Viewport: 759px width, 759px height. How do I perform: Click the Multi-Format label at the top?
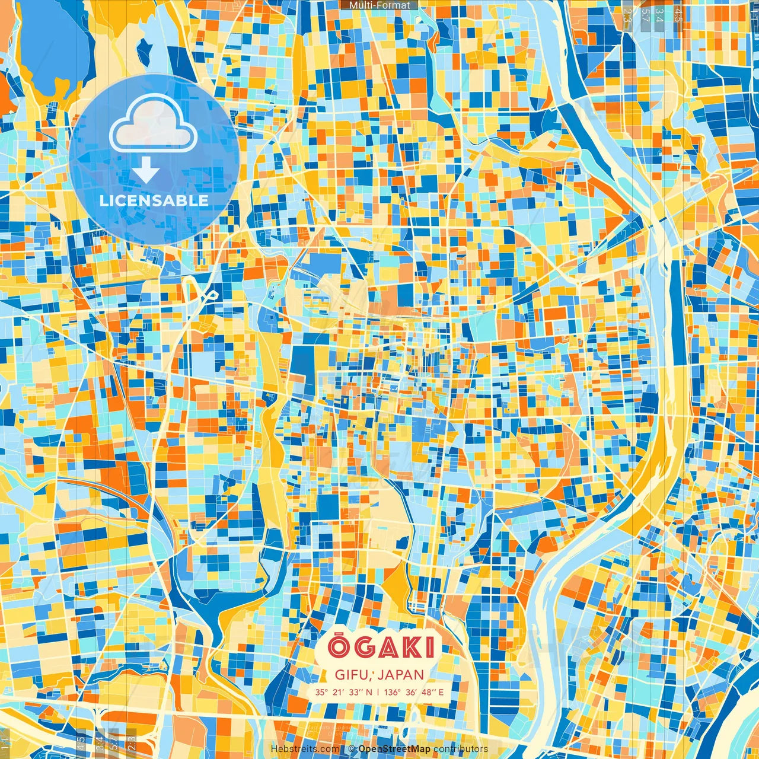pyautogui.click(x=379, y=5)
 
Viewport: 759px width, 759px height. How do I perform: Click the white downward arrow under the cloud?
pyautogui.click(x=146, y=173)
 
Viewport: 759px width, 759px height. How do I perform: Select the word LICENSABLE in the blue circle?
pyautogui.click(x=154, y=200)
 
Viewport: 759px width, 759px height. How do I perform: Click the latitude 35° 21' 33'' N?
pyautogui.click(x=344, y=692)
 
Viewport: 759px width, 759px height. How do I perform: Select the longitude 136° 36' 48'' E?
pyautogui.click(x=414, y=692)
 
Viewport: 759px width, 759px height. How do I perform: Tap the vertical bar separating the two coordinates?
pyautogui.click(x=378, y=692)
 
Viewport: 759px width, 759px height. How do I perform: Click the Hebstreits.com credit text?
pyautogui.click(x=305, y=749)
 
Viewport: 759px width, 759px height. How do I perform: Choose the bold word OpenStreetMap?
pyautogui.click(x=394, y=749)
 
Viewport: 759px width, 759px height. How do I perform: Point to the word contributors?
pyautogui.click(x=461, y=749)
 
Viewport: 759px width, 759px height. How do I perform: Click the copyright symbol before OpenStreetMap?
pyautogui.click(x=352, y=749)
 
